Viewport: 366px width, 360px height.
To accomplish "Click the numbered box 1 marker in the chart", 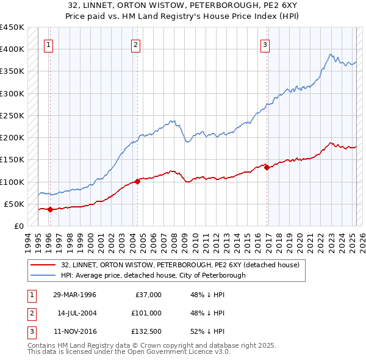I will [48, 44].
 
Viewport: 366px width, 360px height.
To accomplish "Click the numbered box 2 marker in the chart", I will [135, 44].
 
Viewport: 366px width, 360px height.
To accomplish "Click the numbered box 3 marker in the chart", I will [265, 44].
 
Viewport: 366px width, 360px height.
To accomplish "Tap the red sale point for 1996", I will [50, 209].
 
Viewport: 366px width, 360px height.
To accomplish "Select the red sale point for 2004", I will [137, 181].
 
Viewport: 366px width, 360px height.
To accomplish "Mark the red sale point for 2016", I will [267, 167].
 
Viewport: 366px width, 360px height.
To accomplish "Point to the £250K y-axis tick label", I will [12, 115].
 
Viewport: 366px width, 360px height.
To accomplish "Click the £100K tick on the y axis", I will [12, 182].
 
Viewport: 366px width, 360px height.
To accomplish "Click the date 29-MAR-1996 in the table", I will [74, 295].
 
